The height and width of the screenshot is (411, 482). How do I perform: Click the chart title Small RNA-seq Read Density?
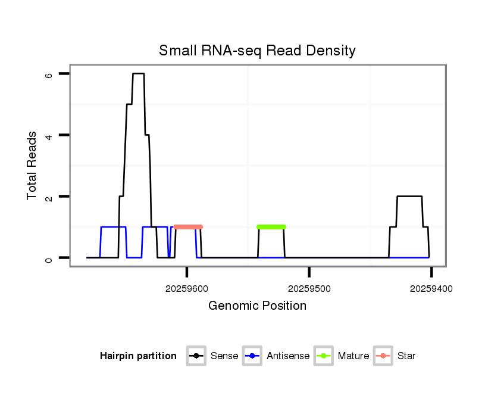(x=257, y=51)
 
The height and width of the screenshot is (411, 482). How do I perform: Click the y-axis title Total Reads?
(x=32, y=165)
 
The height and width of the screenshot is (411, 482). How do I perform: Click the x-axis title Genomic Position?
(x=257, y=306)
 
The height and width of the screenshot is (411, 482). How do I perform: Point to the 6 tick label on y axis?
(x=48, y=74)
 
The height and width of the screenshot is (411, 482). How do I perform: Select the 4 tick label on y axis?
(x=48, y=135)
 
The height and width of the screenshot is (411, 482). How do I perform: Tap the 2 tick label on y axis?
(x=48, y=197)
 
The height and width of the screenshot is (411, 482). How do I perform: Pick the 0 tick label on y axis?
(x=48, y=258)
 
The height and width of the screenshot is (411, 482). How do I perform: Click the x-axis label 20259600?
(x=187, y=288)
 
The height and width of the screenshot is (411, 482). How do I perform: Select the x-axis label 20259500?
(x=309, y=288)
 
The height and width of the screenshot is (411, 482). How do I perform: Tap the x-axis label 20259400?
(x=431, y=288)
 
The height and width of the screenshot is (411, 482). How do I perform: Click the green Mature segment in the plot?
(x=271, y=227)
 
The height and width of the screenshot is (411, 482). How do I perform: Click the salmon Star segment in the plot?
(x=188, y=227)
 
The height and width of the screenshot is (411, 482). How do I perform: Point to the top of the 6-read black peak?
(x=138, y=74)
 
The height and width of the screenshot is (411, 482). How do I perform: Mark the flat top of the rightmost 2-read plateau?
(x=409, y=197)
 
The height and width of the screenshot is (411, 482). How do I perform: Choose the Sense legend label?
(x=224, y=356)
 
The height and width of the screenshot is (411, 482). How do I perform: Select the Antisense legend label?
(x=288, y=356)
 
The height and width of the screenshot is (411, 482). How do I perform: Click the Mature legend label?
(x=353, y=356)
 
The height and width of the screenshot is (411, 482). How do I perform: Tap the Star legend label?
(x=406, y=356)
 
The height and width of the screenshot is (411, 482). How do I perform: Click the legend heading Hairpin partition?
(x=138, y=356)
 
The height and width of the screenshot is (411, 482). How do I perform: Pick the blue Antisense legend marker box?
(x=252, y=356)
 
